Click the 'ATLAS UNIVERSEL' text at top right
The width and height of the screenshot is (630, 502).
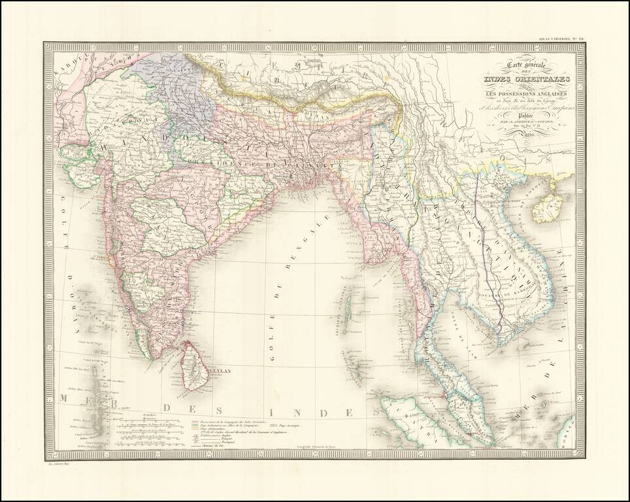pyautogui.click(x=556, y=38)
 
